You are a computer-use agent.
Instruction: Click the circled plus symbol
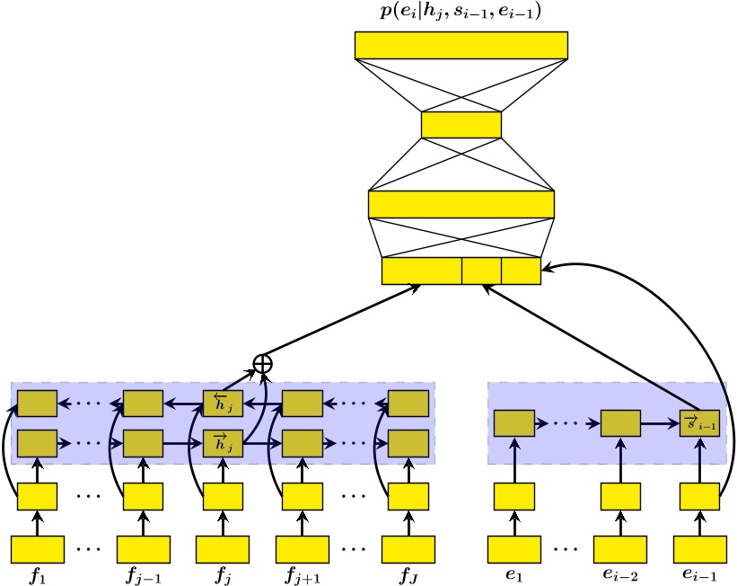coord(262,363)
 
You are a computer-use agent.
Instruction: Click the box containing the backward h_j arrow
coord(223,404)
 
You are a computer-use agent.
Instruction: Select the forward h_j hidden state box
coord(223,442)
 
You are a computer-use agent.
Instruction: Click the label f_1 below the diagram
coord(37,575)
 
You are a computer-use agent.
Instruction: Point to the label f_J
coord(408,575)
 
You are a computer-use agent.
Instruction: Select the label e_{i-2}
coord(620,575)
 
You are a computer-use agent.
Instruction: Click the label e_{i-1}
coord(700,575)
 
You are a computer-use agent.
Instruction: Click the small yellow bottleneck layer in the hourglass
coord(461,124)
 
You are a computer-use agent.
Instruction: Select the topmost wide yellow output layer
coord(461,45)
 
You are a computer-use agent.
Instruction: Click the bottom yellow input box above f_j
coord(223,548)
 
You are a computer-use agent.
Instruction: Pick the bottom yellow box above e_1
coord(514,548)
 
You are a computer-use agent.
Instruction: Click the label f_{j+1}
coord(303,575)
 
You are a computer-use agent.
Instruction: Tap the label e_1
coord(514,575)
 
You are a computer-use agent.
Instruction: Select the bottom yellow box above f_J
coord(408,548)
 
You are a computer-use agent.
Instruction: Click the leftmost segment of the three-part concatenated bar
coord(421,271)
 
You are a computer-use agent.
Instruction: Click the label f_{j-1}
coord(143,575)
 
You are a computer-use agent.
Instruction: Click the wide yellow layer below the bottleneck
coord(461,204)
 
